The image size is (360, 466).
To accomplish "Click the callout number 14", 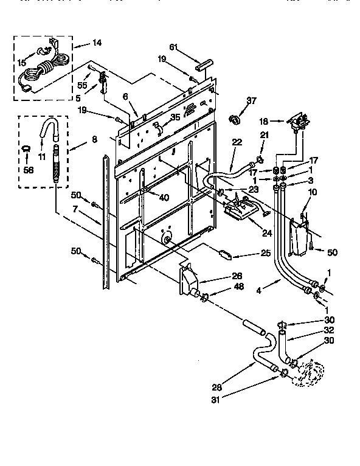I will click(x=97, y=44).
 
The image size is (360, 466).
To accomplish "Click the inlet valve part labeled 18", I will click(x=299, y=124).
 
